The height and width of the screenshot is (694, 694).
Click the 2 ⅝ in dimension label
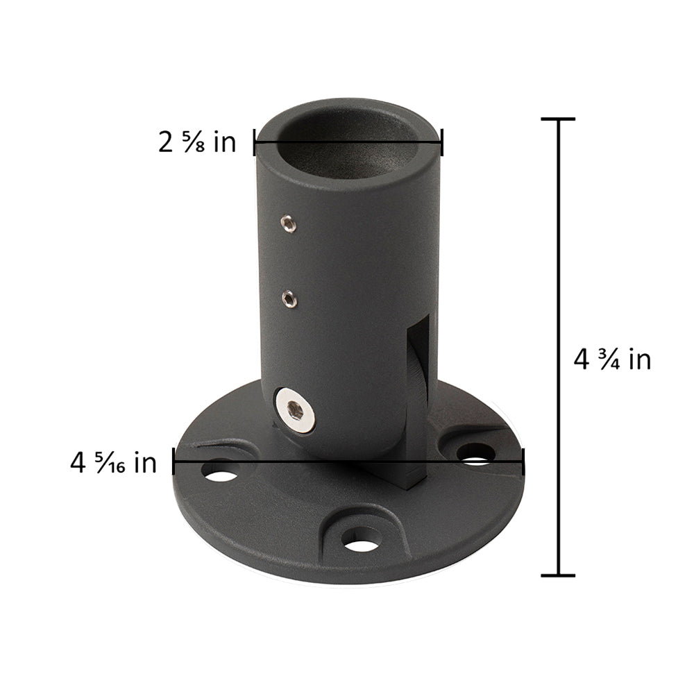pyautogui.click(x=197, y=142)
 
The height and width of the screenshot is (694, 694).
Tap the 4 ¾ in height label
pyautogui.click(x=612, y=359)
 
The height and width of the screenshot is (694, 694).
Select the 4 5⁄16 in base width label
pyautogui.click(x=114, y=462)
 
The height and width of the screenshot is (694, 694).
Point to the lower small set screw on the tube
pyautogui.click(x=289, y=300)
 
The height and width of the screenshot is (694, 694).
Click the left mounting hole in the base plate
pyautogui.click(x=220, y=475)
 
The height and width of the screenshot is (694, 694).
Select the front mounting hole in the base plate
pyautogui.click(x=360, y=541)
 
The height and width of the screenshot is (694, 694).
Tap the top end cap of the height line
pyautogui.click(x=558, y=119)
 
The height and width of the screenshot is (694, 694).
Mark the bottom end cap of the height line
pyautogui.click(x=558, y=575)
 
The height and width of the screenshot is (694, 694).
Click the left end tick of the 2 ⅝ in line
pyautogui.click(x=255, y=144)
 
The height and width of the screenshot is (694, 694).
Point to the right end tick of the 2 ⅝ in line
pyautogui.click(x=442, y=144)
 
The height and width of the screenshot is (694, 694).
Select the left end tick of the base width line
pyautogui.click(x=173, y=461)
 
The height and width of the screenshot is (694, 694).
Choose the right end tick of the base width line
pyautogui.click(x=523, y=461)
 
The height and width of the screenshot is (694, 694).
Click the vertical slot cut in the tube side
pyautogui.click(x=418, y=368)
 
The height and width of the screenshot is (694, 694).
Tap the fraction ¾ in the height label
pyautogui.click(x=609, y=359)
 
